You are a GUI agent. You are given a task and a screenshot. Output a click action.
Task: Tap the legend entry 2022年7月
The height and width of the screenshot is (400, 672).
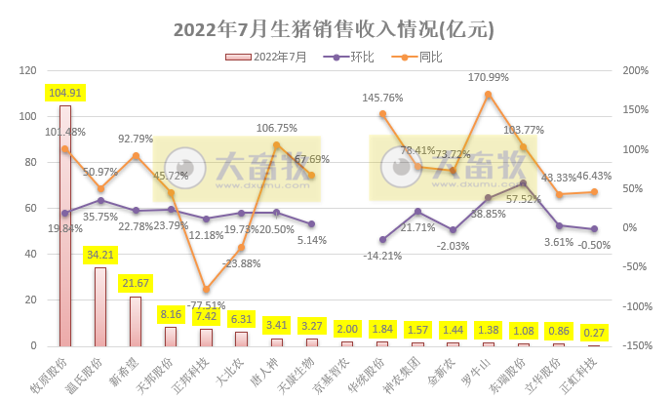(266, 57)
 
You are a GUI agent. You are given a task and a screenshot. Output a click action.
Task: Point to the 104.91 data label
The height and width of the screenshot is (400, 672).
(65, 93)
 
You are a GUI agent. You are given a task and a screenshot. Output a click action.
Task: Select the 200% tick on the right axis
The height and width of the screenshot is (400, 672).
(638, 70)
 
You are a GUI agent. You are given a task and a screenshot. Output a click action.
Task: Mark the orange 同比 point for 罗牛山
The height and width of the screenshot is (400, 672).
(488, 95)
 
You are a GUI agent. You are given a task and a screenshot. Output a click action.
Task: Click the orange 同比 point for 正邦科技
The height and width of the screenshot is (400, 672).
(206, 289)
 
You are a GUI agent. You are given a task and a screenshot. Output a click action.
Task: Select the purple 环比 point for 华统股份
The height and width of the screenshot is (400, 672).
(382, 239)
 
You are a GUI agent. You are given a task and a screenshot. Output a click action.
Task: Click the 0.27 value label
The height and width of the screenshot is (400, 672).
(594, 332)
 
